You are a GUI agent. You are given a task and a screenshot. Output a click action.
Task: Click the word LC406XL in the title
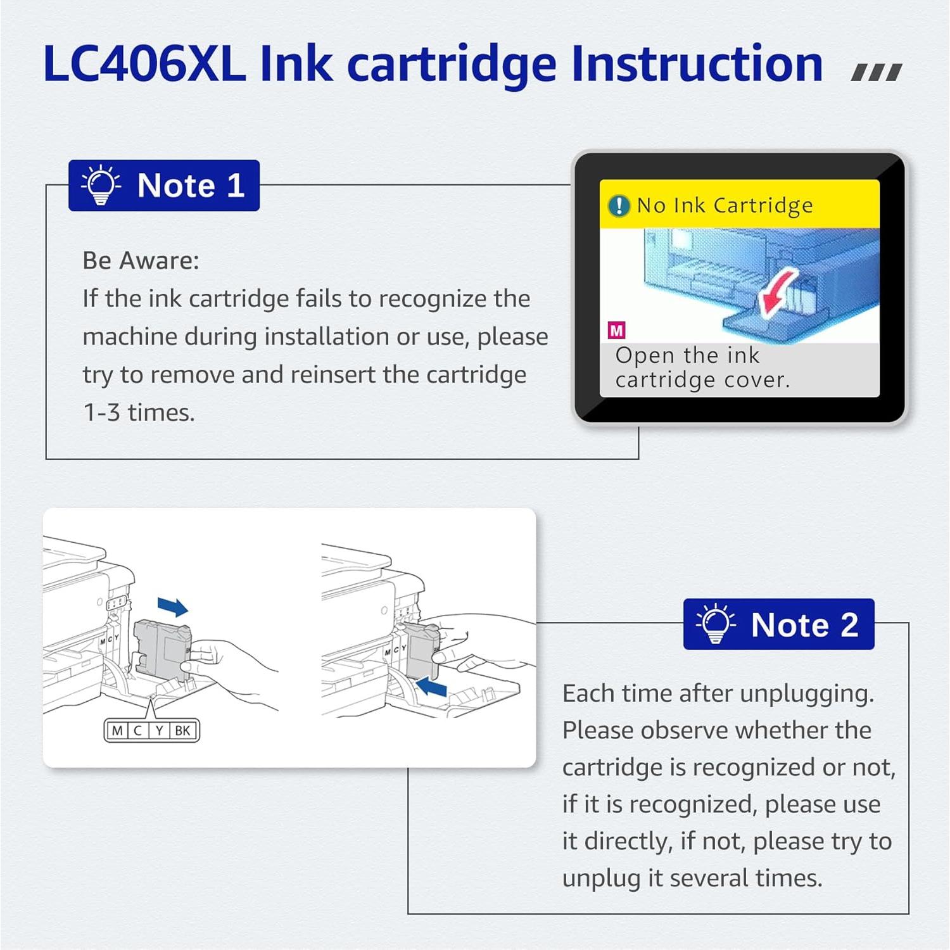144,64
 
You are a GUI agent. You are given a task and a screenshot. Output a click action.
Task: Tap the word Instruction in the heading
697,64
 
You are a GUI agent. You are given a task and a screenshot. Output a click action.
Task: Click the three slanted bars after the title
877,73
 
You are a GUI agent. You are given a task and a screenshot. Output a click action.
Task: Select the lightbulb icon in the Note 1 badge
101,186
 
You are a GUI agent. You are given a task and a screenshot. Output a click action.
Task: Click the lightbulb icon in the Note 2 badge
716,624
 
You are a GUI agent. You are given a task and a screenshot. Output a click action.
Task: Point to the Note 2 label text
804,625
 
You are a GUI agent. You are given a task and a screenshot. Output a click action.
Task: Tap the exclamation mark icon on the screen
619,206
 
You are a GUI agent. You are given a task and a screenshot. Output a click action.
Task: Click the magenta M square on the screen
616,330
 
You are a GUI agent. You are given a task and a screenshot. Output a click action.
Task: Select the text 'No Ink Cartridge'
725,206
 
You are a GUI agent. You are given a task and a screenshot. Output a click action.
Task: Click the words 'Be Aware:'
141,260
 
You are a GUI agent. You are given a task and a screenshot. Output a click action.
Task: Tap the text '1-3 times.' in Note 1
139,413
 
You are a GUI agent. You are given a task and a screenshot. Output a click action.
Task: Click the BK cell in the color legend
182,730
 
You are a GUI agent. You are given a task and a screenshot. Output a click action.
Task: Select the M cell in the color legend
117,730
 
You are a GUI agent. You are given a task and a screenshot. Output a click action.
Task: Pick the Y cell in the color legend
159,730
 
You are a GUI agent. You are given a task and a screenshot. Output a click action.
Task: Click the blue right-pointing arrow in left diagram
172,607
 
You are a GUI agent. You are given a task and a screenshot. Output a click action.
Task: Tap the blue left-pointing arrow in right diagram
433,687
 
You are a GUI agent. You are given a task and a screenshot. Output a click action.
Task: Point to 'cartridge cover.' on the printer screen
702,380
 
